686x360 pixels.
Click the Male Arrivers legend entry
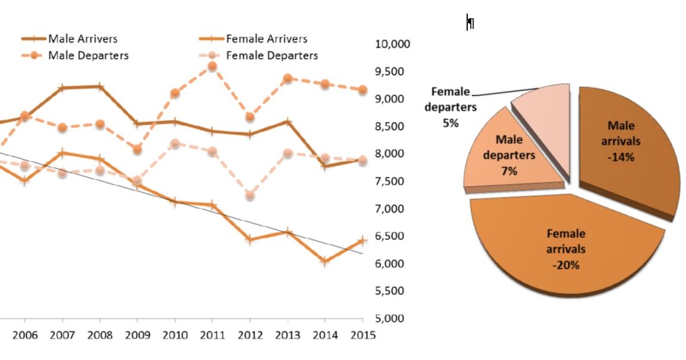(x=83, y=39)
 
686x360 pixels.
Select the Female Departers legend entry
(x=271, y=56)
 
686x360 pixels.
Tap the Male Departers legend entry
(x=88, y=56)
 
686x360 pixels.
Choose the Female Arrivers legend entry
(x=266, y=39)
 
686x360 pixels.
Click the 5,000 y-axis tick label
(x=392, y=319)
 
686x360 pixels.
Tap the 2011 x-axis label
(x=212, y=336)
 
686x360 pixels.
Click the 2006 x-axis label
(x=25, y=336)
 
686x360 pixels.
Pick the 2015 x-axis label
(x=363, y=336)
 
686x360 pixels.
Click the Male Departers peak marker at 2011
(x=212, y=67)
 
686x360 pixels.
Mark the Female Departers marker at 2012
(x=250, y=195)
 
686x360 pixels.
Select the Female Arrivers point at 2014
(x=325, y=261)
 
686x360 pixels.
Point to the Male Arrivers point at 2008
(x=100, y=86)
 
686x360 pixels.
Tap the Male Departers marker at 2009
(x=137, y=150)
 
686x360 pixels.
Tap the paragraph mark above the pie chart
(x=470, y=22)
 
